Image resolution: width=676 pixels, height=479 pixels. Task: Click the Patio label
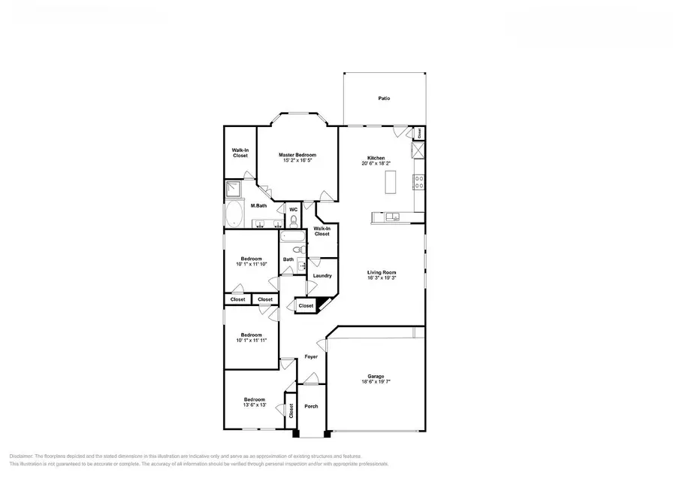[x=384, y=99]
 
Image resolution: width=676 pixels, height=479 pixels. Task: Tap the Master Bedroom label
[x=297, y=155]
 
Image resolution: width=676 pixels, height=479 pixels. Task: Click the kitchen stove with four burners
[x=418, y=181]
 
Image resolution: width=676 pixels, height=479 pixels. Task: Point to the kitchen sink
[x=394, y=218]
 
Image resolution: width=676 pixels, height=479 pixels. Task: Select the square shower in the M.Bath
[x=234, y=189]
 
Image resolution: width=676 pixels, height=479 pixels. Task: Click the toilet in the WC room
[x=294, y=221]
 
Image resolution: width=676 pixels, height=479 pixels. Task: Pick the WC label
[x=294, y=209]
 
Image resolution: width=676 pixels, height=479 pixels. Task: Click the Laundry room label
[x=322, y=276]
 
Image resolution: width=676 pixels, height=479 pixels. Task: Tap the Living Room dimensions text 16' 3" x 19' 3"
[x=382, y=278]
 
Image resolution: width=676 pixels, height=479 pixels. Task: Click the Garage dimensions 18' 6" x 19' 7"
[x=376, y=382]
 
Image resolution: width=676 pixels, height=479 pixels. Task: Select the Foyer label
[x=311, y=358]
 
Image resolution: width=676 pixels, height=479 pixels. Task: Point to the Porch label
[x=311, y=406]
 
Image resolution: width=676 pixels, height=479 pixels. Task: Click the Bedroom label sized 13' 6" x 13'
[x=254, y=399]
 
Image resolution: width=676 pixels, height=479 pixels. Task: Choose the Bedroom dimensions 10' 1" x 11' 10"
[x=251, y=264]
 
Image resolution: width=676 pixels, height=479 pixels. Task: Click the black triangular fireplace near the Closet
[x=321, y=305]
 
